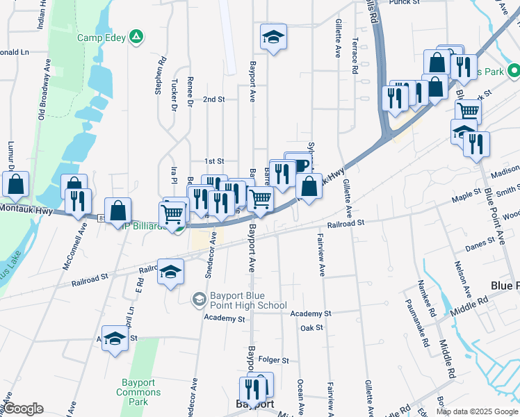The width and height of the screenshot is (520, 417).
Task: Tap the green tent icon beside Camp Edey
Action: [x=138, y=36]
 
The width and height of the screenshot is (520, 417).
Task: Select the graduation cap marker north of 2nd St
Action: [x=274, y=38]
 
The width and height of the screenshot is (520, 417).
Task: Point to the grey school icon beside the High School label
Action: [x=199, y=299]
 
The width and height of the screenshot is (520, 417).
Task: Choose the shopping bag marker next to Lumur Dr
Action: [x=15, y=184]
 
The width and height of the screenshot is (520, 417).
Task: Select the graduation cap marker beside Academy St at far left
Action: [x=115, y=339]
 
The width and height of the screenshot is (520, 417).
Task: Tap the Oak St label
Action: [x=312, y=327]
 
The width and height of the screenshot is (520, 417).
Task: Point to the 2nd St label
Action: [x=214, y=99]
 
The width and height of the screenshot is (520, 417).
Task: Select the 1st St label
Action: [x=214, y=161]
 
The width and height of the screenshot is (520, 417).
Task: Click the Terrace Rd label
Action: [x=355, y=56]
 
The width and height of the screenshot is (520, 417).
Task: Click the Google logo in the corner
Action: [x=24, y=409]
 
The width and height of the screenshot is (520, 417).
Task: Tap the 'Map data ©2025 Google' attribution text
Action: [x=477, y=411]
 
